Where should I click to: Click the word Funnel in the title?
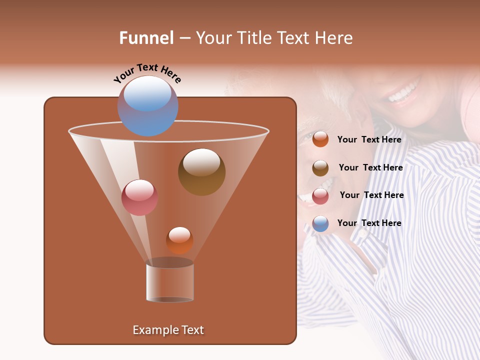(x=146, y=38)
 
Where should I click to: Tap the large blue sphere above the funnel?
(x=147, y=105)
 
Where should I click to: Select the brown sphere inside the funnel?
(x=201, y=171)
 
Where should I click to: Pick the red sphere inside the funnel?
(x=139, y=197)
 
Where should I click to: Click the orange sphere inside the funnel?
(x=179, y=240)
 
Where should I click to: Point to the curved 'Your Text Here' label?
(x=147, y=73)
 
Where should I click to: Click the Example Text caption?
(x=168, y=330)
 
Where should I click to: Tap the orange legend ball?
(x=320, y=139)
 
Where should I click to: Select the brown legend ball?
(x=320, y=168)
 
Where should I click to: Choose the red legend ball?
(x=320, y=195)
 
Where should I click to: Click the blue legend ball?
(x=320, y=223)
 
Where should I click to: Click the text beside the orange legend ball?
(x=369, y=140)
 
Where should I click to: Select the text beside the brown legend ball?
(x=370, y=168)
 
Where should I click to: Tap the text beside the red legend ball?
(x=371, y=195)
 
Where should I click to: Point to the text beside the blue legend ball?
(x=369, y=223)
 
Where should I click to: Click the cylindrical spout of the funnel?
(x=170, y=281)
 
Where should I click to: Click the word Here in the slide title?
(x=335, y=38)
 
